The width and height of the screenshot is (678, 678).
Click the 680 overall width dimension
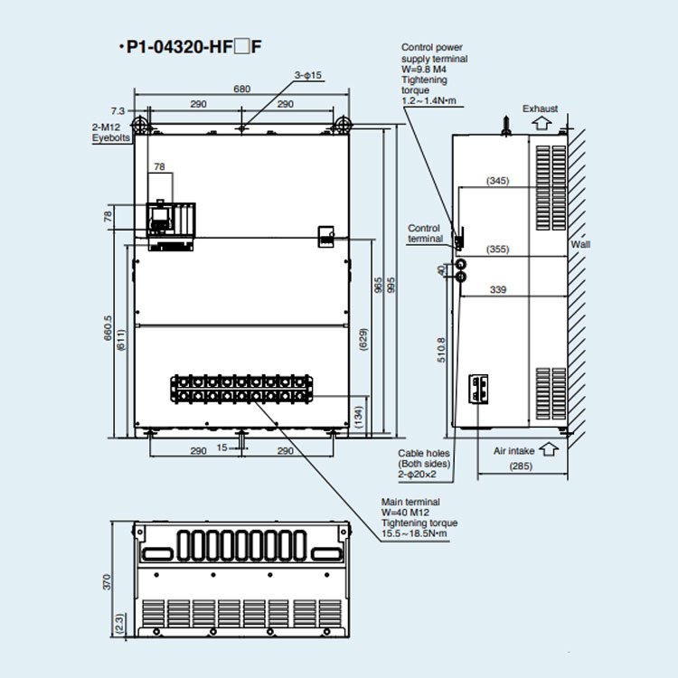click(x=241, y=89)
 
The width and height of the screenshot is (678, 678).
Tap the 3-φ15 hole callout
click(x=307, y=75)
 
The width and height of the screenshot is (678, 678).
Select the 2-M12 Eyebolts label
click(x=111, y=132)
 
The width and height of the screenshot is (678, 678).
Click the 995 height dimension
click(x=391, y=285)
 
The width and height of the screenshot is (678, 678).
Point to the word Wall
click(x=580, y=245)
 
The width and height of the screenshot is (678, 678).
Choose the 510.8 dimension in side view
click(x=440, y=349)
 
